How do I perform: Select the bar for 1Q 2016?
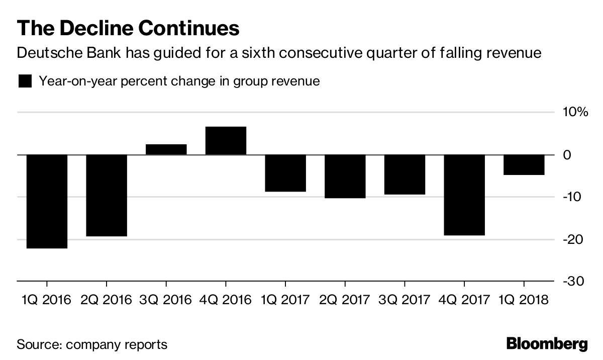coord(47,201)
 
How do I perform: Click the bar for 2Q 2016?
coord(107,195)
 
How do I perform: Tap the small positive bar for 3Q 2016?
coord(166,149)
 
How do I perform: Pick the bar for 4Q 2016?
coord(226,141)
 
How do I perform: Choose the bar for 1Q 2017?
coord(285,173)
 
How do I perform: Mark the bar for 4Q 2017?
coord(464,195)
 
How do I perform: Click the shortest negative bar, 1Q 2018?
coord(524,164)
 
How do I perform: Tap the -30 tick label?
coord(574,281)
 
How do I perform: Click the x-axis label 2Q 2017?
coord(345,300)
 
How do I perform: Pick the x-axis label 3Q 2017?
coord(405,300)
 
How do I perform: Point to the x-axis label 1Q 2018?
coord(524,300)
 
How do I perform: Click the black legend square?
coord(25,81)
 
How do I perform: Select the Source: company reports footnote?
coord(92,345)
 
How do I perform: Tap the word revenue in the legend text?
coord(294,81)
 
